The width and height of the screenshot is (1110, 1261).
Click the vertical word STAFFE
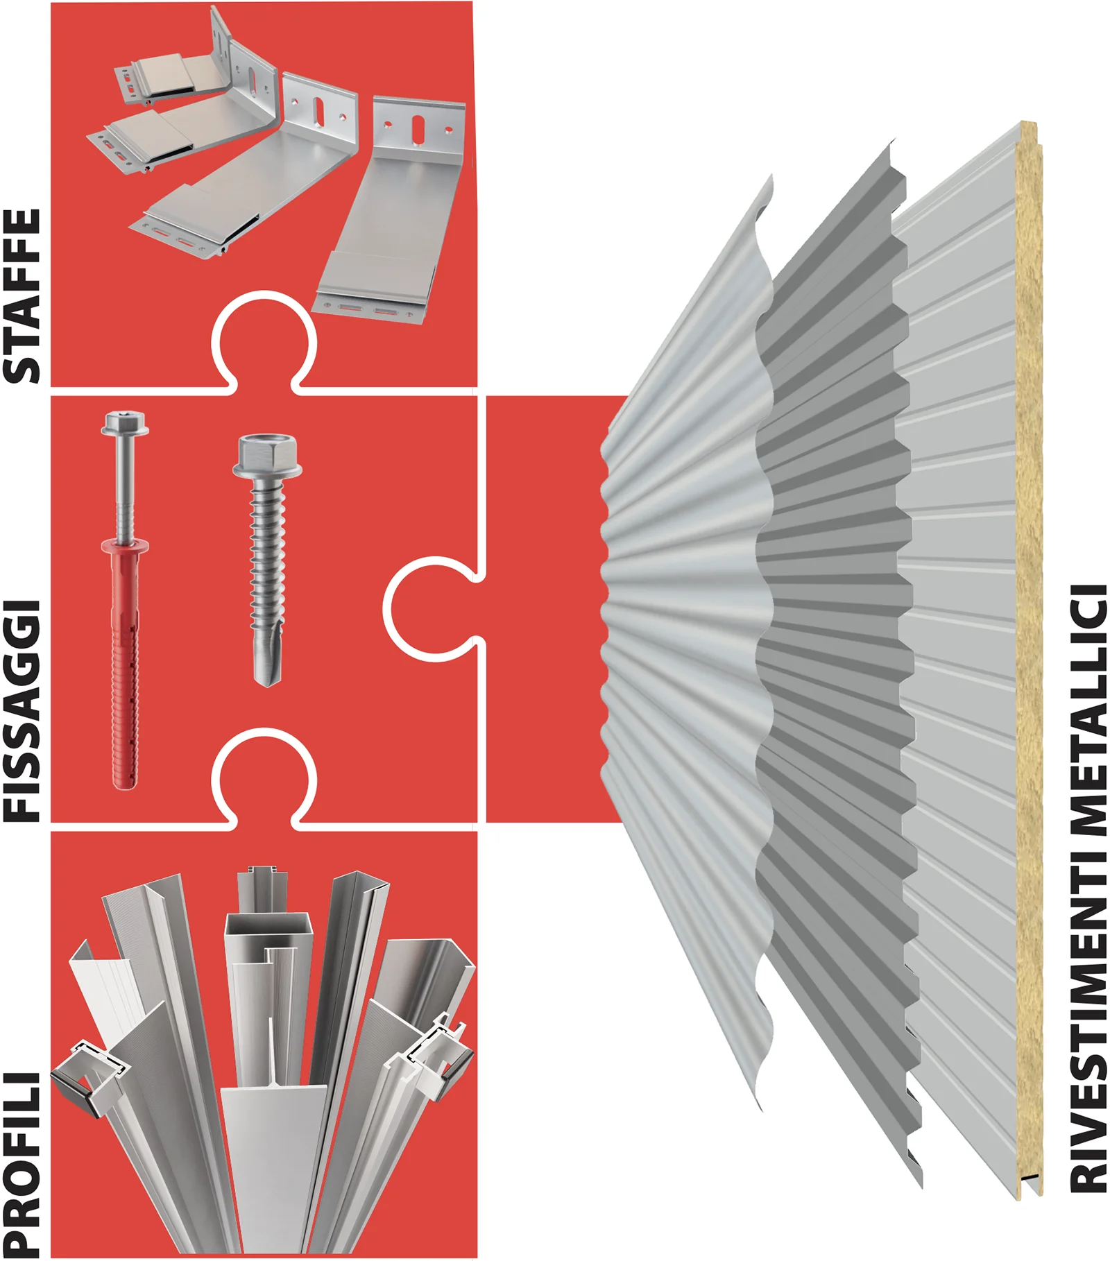tap(22, 296)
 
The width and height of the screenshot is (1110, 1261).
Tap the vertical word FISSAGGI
tap(22, 711)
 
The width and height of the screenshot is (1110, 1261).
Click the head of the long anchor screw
tap(125, 423)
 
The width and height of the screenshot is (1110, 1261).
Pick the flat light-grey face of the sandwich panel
tap(961, 659)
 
